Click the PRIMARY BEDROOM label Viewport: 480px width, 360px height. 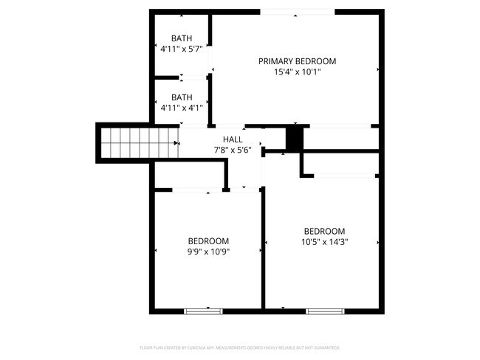297,60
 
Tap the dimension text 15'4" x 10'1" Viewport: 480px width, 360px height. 297,72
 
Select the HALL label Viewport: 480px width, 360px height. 232,139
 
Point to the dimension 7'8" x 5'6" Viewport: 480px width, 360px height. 232,150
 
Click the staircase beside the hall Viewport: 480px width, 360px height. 138,141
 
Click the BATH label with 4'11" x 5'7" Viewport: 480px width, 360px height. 182,38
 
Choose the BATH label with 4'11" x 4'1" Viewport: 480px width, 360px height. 182,97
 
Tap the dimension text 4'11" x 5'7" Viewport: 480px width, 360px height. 182,49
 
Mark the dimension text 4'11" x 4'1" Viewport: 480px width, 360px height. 182,108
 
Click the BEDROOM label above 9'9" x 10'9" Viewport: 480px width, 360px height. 208,240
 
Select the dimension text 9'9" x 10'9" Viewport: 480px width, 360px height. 208,252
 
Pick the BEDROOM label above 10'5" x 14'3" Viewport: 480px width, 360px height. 323,230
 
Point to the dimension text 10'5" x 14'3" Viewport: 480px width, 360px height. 323,241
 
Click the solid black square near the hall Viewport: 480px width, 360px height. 295,138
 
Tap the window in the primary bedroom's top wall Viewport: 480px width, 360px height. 297,12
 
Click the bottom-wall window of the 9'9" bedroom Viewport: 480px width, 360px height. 203,311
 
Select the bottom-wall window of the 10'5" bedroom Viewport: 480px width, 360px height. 325,311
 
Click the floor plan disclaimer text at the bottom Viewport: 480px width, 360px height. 239,347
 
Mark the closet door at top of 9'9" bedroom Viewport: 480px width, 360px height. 191,191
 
